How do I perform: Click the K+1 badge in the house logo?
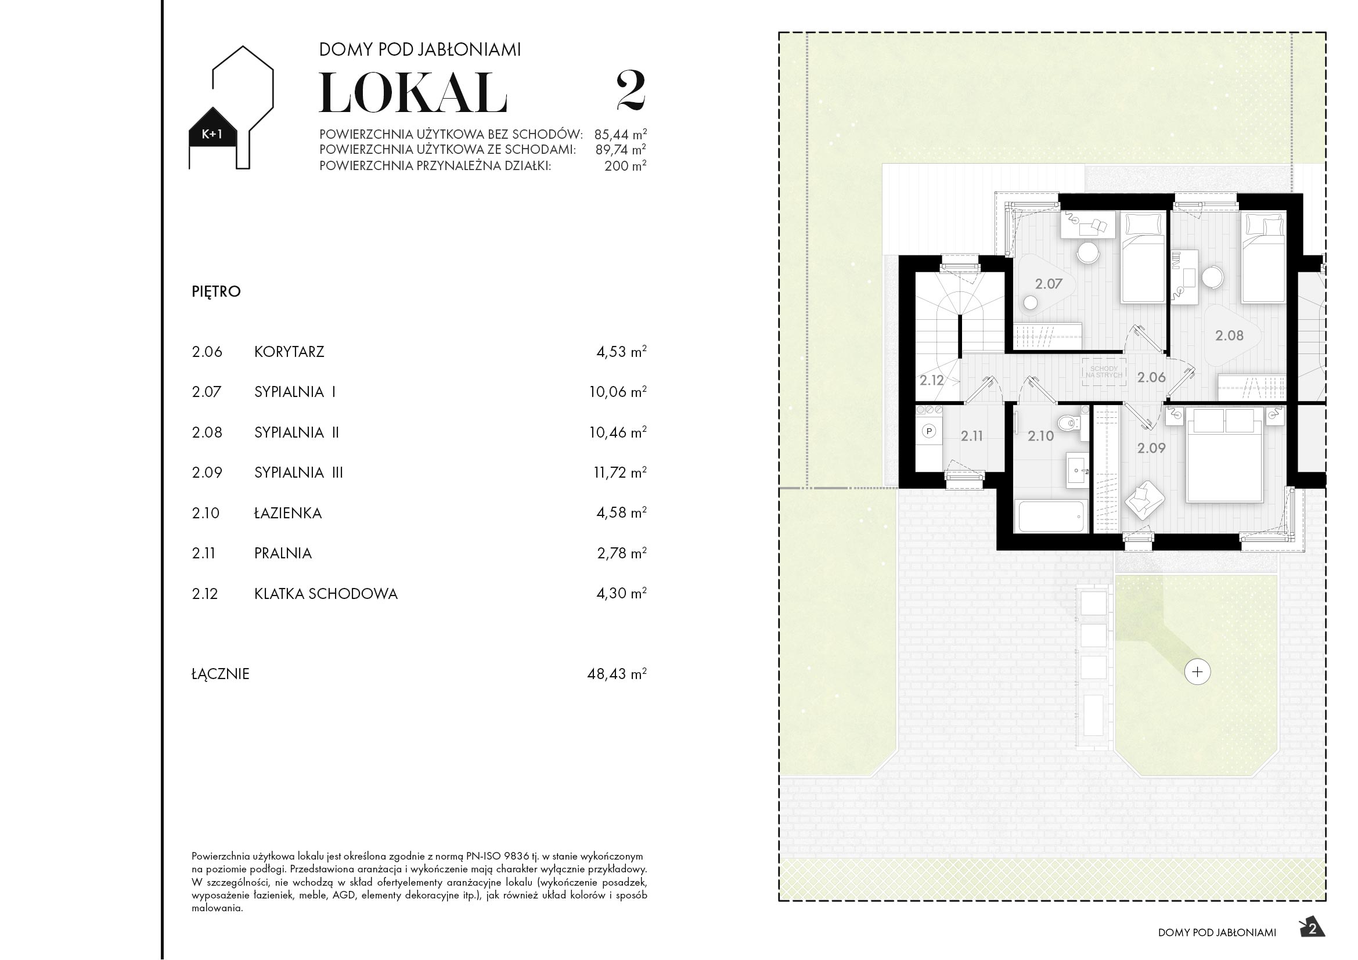[x=212, y=134]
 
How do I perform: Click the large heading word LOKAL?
[x=413, y=93]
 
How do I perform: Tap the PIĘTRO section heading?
[x=216, y=291]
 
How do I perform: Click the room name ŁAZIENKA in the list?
[x=288, y=513]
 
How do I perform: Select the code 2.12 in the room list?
[x=204, y=594]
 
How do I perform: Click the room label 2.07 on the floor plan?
[x=1049, y=284]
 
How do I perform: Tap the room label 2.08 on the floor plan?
[x=1229, y=335]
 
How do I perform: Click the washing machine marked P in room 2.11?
[x=929, y=431]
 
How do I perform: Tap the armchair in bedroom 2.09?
[x=1144, y=500]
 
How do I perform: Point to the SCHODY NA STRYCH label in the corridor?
[x=1104, y=372]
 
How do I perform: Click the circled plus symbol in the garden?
[x=1198, y=672]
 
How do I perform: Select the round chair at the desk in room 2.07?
[x=1087, y=253]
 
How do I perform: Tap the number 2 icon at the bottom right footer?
[x=1313, y=929]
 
